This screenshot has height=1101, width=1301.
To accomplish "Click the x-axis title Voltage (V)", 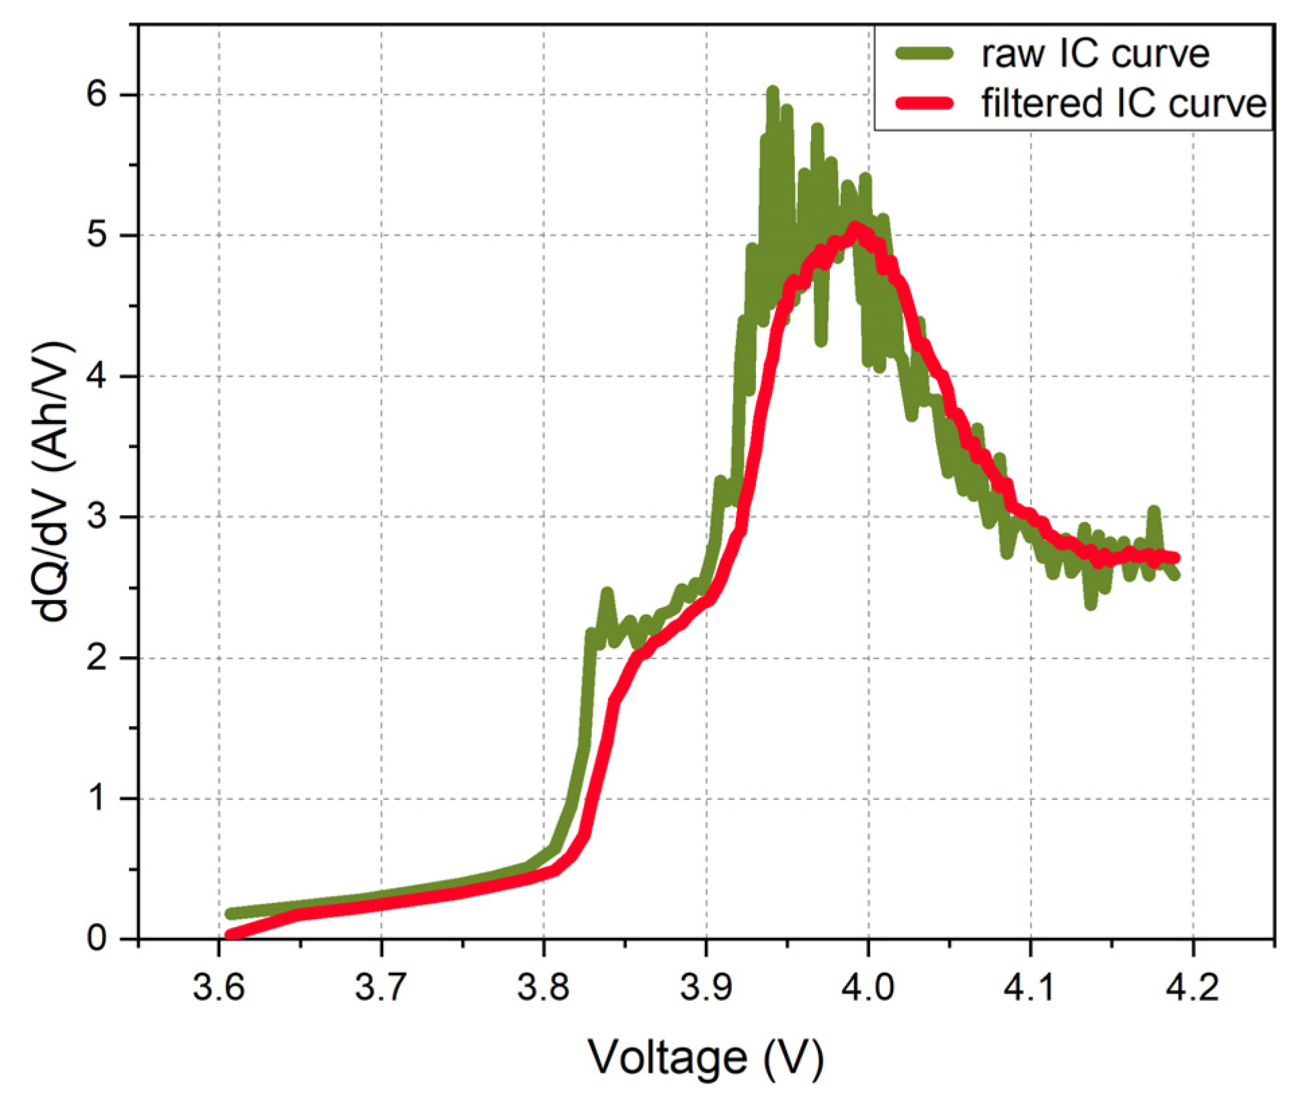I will pos(706,1059).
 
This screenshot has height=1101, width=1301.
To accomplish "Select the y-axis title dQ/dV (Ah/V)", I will pos(52,482).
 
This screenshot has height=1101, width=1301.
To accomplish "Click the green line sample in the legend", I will pos(925,54).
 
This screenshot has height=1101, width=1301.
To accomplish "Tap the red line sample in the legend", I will pos(925,103).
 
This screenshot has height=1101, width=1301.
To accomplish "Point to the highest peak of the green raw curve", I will pos(773,91).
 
